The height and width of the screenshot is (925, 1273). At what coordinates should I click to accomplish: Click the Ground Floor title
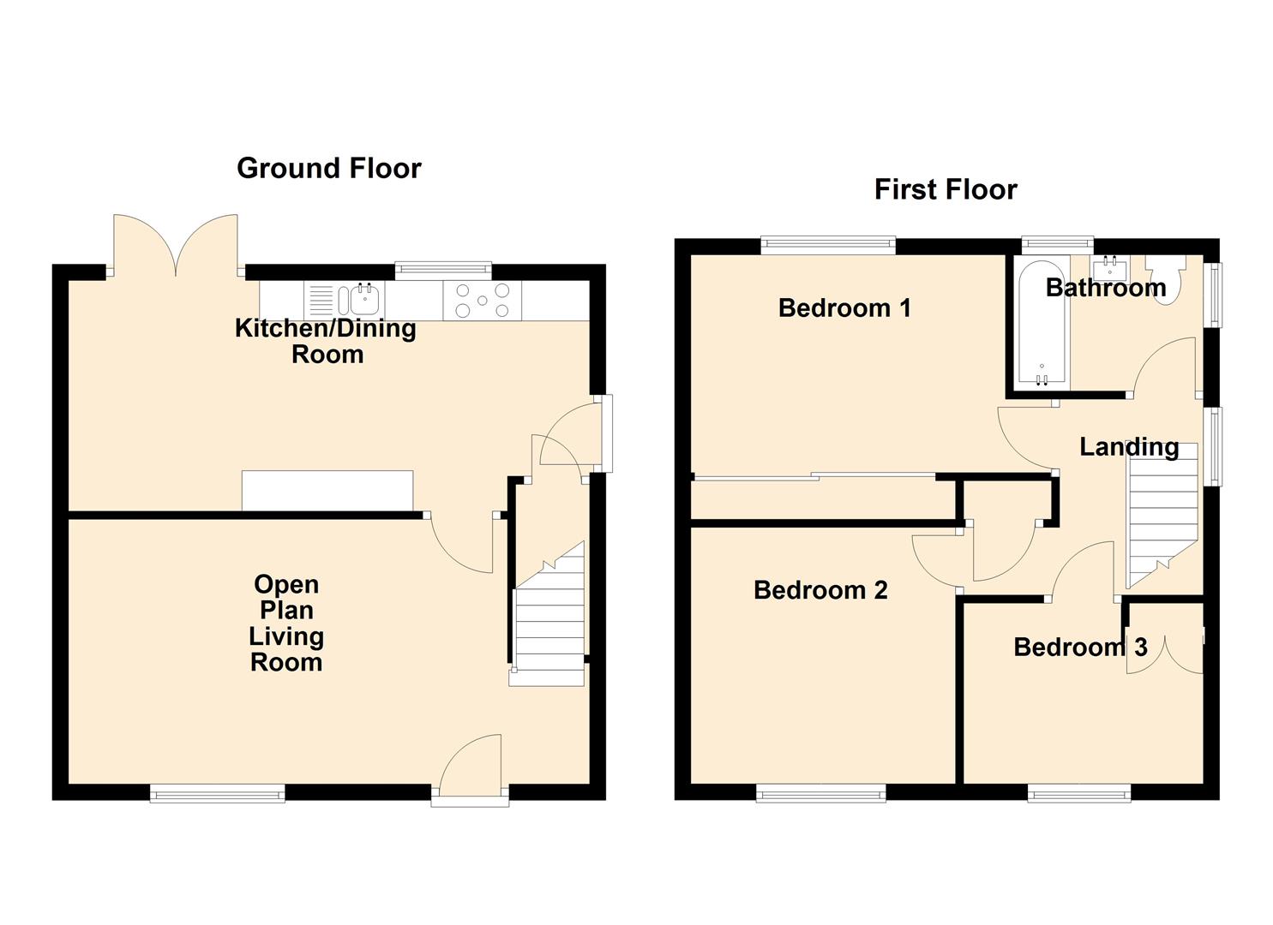tap(328, 168)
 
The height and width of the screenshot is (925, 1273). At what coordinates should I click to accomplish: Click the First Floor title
tap(945, 189)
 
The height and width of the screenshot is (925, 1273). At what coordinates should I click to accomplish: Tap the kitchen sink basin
tap(364, 301)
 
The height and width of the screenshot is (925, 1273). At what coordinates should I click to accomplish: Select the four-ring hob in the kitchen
tap(482, 301)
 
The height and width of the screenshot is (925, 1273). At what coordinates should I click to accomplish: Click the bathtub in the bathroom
tap(1041, 322)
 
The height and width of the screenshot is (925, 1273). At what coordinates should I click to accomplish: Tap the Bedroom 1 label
tap(844, 307)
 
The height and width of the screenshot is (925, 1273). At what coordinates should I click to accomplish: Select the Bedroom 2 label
tap(820, 590)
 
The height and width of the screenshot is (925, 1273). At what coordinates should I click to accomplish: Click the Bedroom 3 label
tap(1079, 647)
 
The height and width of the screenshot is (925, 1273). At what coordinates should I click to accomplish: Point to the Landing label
tap(1128, 446)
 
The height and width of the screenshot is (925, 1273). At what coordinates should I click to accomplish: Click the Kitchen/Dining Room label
tap(326, 341)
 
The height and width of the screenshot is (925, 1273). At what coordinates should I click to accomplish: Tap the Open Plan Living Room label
tap(286, 623)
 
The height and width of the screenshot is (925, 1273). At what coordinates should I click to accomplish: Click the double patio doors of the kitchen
tap(176, 245)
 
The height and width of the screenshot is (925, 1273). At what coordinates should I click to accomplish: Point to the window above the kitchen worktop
tap(443, 271)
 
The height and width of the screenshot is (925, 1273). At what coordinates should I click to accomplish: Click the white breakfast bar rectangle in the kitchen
tap(327, 490)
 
